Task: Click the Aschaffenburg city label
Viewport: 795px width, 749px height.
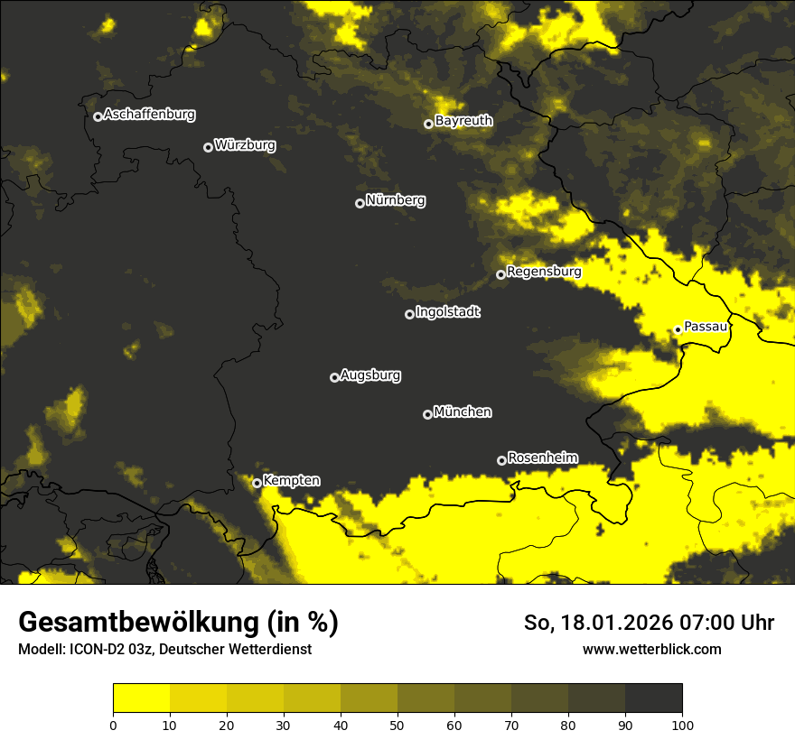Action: click(x=149, y=115)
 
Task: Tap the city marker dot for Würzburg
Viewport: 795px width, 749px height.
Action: click(x=208, y=147)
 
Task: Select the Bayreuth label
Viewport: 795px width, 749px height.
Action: click(x=463, y=120)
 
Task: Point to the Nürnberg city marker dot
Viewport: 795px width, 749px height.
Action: click(x=360, y=203)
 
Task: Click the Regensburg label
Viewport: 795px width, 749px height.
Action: click(x=544, y=271)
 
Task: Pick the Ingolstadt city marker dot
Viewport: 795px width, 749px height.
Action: click(x=409, y=314)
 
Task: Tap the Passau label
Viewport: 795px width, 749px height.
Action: click(x=706, y=327)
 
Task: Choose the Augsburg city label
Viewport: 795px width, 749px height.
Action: click(x=370, y=374)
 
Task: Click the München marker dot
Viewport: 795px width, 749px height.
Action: click(x=427, y=415)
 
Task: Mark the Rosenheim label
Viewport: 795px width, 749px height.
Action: click(x=543, y=458)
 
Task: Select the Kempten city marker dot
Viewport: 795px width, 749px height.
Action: click(x=257, y=483)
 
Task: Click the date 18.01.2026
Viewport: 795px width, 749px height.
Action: click(x=606, y=623)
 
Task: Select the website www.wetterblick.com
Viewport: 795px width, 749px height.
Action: click(x=651, y=650)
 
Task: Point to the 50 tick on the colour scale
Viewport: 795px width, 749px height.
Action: click(x=397, y=725)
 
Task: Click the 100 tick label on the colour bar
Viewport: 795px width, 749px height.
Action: click(x=682, y=725)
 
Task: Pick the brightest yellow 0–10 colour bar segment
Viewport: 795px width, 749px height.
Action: click(x=141, y=698)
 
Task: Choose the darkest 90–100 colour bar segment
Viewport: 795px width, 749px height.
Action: click(x=653, y=698)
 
